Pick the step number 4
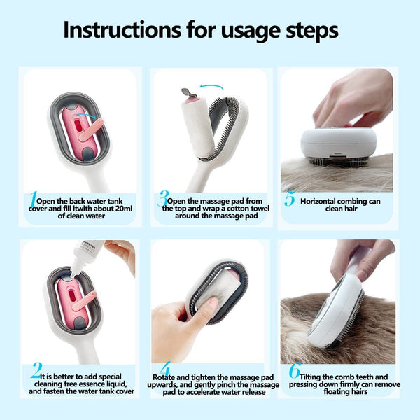click(x=164, y=370)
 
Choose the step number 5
click(x=289, y=199)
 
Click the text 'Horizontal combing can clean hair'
click(x=340, y=204)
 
